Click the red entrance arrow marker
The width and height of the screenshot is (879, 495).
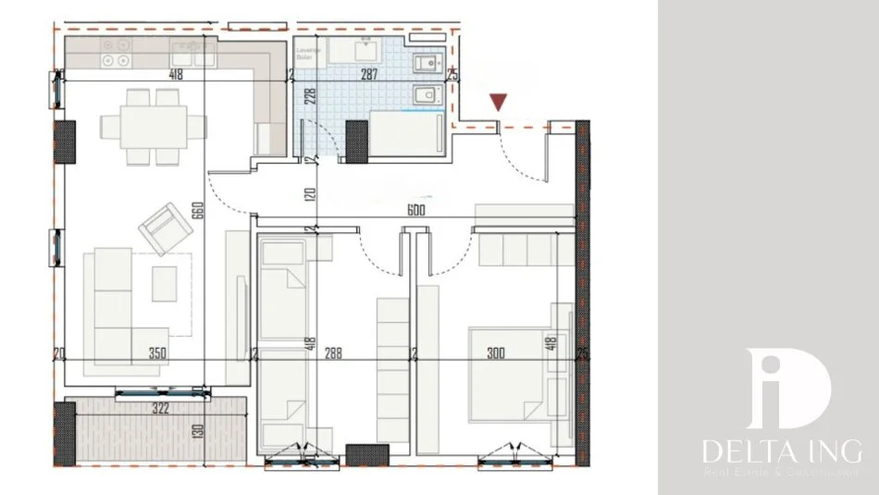pos(499,102)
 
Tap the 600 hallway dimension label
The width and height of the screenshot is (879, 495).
pos(415,210)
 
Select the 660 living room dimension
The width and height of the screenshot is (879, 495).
pos(196,211)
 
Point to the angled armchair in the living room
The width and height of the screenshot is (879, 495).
pos(163,225)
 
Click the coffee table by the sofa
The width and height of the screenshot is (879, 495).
pos(165,283)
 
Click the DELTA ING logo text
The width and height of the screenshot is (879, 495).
pos(781,453)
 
